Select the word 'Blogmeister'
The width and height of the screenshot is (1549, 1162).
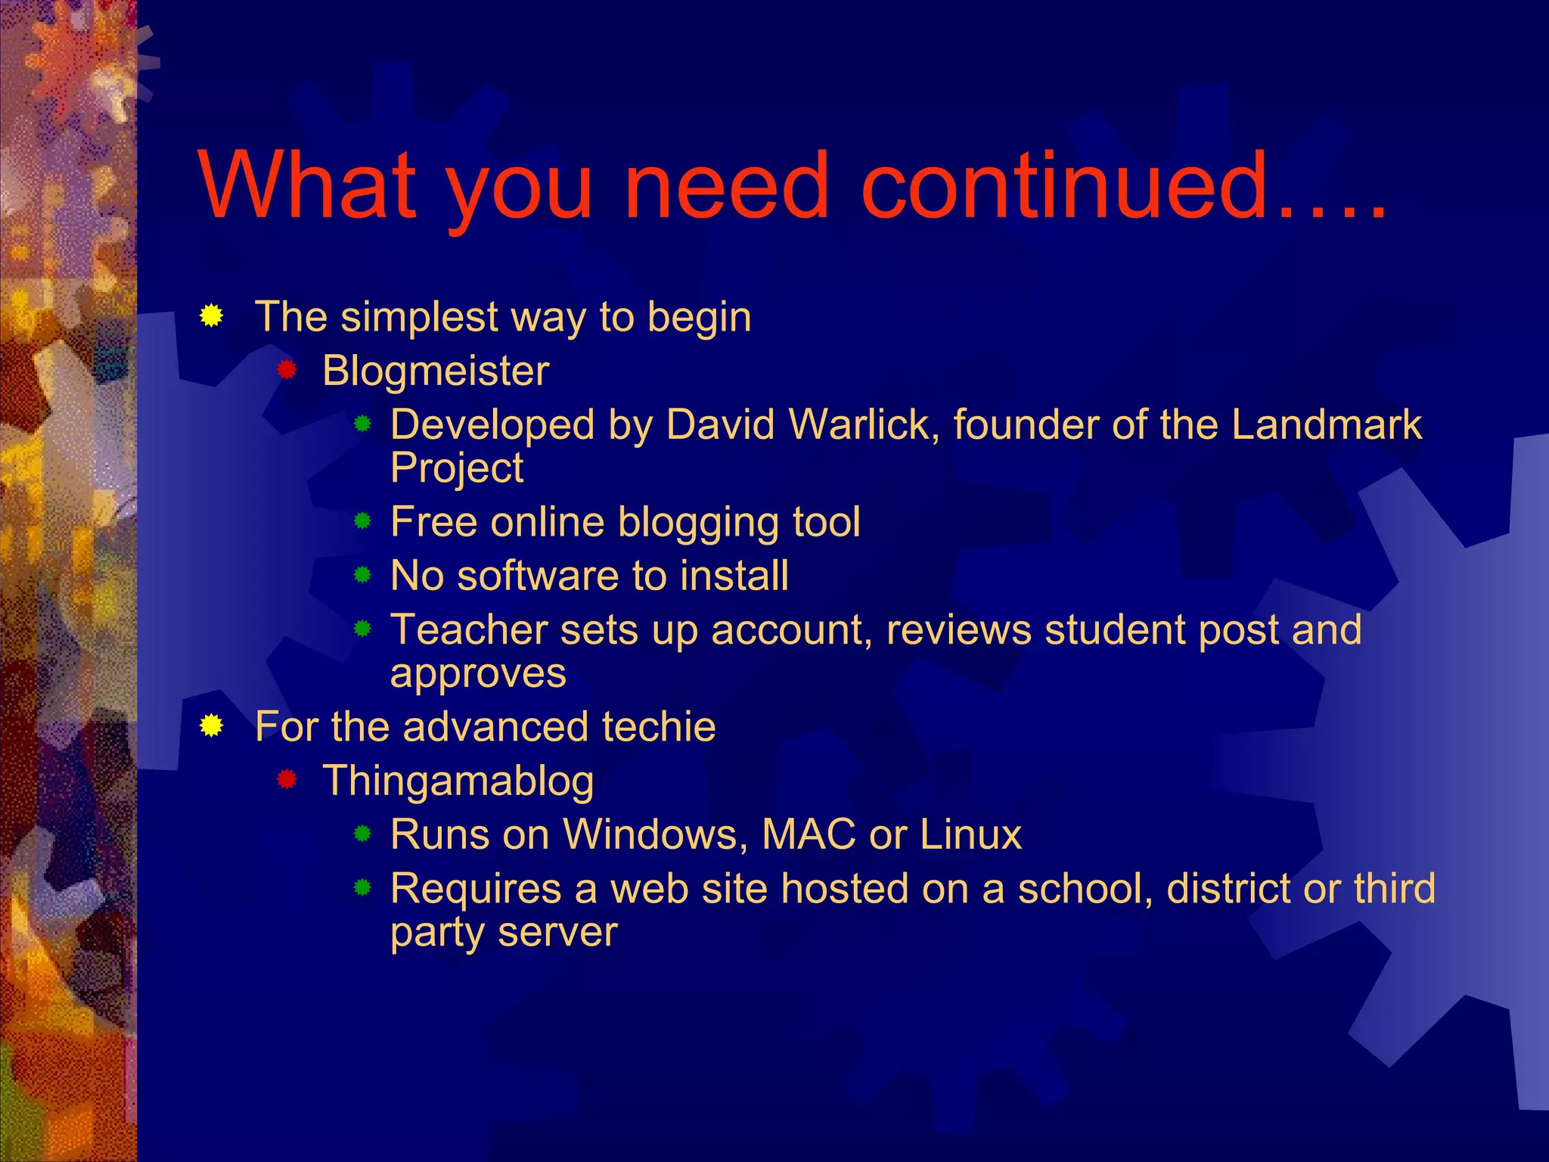[x=436, y=371]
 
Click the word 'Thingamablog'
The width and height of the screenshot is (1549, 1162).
[x=458, y=782]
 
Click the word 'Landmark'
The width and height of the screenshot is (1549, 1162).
[x=1327, y=424]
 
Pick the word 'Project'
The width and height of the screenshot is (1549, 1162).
[x=457, y=469]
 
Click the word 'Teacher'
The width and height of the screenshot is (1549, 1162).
[x=468, y=629]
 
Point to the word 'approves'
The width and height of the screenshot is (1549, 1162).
[x=478, y=674]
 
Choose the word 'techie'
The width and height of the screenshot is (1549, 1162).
[x=659, y=727]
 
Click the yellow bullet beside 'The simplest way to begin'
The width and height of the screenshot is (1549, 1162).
[x=212, y=316]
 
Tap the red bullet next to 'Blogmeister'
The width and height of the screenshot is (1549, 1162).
[x=287, y=370]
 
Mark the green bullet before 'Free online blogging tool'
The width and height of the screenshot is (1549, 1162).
[x=363, y=521]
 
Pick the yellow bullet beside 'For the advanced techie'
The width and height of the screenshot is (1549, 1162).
[x=212, y=726]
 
